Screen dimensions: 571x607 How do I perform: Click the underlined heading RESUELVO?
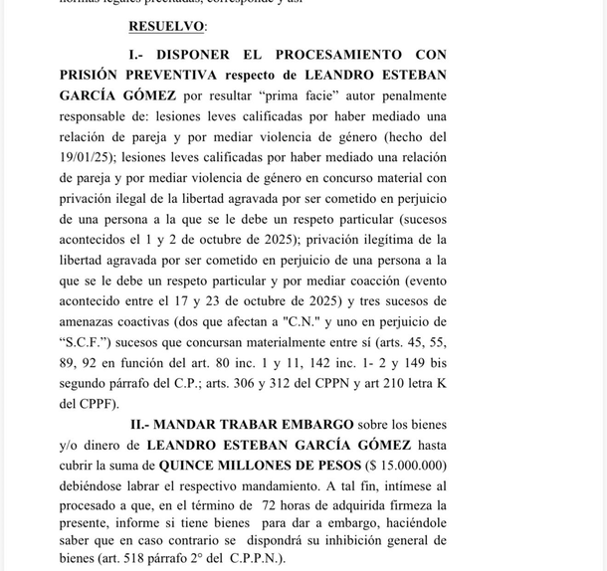click(167, 26)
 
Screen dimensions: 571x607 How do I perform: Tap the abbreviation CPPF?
click(90, 403)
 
